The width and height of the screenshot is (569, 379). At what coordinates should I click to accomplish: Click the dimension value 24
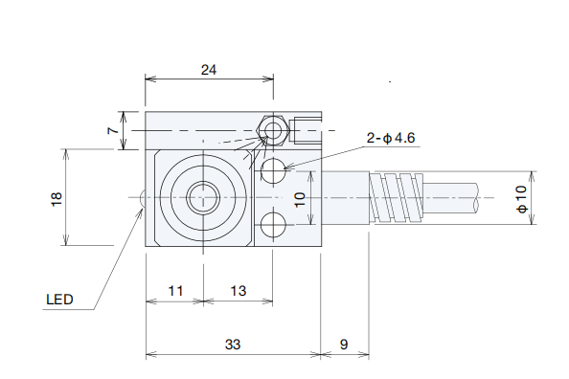pos(209,70)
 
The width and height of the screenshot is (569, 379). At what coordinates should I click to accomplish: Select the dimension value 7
pos(113,130)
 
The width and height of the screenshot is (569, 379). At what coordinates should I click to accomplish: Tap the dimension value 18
pos(57,199)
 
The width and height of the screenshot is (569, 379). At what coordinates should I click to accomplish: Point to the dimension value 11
pos(175,291)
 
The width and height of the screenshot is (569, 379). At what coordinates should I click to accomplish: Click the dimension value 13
pos(239,291)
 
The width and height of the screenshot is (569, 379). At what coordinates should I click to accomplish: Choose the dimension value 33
pos(233,345)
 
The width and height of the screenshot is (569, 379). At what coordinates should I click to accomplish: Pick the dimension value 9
pos(344,345)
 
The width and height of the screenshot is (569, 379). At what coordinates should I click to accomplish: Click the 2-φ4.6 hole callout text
pos(391,138)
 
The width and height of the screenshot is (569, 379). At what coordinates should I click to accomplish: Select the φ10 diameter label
pos(521,199)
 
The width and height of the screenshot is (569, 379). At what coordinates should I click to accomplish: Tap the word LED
pos(60,300)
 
